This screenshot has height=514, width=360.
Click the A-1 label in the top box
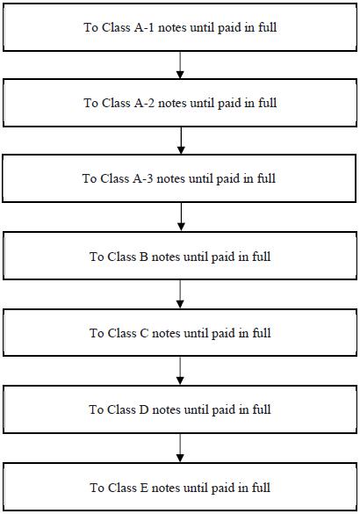144,27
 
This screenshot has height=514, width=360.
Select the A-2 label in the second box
144,104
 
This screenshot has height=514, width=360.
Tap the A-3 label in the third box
143,179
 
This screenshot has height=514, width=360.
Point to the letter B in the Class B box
144,257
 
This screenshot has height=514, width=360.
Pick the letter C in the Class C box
144,333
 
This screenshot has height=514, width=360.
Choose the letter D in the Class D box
144,409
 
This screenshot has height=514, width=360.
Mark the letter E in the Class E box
144,488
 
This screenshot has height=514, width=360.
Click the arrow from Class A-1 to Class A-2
180,65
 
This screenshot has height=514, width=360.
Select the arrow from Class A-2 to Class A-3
181,141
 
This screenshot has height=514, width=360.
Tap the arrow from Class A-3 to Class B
181,217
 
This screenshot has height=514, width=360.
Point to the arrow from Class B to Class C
180,294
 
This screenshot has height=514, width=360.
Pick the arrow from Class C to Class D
180,371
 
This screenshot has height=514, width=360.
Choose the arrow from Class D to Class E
180,448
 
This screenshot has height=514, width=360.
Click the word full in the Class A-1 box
267,27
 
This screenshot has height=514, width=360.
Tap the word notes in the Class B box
166,257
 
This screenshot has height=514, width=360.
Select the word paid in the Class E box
223,488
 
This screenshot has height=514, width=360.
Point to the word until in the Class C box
196,333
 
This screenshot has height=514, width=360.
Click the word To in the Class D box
96,409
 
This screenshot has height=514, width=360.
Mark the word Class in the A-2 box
116,104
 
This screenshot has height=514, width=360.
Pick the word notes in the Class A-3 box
171,179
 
